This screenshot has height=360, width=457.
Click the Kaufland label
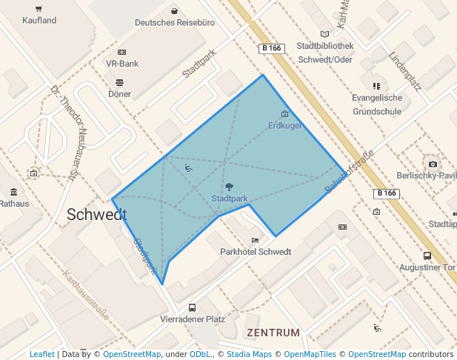(39, 21)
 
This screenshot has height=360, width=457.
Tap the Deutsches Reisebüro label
(175, 23)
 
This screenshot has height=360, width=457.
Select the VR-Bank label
(122, 64)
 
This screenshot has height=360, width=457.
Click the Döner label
(119, 94)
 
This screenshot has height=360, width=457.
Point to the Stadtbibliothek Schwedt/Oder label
(324, 53)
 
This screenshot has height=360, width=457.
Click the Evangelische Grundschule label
(377, 104)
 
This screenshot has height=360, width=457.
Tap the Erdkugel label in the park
(284, 126)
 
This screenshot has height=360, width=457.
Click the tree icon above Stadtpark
(229, 187)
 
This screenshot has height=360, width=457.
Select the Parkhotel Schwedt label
(256, 252)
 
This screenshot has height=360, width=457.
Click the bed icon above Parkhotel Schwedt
(256, 240)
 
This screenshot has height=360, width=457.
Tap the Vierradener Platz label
(193, 319)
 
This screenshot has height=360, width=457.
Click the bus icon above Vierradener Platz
(193, 307)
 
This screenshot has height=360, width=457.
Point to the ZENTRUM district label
(273, 333)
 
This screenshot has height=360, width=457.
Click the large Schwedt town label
(96, 215)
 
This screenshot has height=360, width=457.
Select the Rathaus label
(15, 204)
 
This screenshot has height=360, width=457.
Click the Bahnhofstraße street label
(350, 173)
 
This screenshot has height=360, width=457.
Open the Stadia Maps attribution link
(247, 354)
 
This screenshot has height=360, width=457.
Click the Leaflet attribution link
(42, 354)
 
